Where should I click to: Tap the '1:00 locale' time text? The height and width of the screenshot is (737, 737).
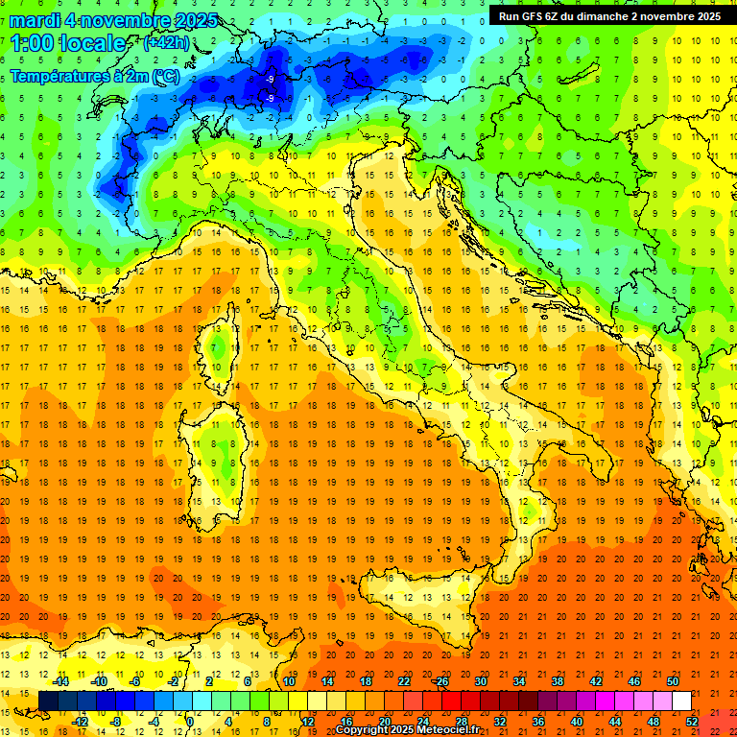click(68, 43)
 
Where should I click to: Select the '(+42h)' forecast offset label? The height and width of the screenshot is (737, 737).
click(166, 43)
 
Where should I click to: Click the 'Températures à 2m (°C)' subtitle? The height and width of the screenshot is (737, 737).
click(94, 76)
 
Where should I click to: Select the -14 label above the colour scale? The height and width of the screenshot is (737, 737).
click(60, 681)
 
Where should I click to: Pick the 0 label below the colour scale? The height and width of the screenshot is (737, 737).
click(190, 722)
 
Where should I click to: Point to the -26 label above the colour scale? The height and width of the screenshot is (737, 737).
click(440, 681)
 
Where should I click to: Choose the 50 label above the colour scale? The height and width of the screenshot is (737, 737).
click(672, 681)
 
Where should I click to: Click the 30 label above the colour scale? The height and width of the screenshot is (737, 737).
click(480, 681)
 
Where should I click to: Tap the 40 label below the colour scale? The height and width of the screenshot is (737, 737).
click(576, 722)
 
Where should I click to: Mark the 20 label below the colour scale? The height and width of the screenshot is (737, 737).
click(384, 722)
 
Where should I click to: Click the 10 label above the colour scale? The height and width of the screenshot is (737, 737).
click(288, 681)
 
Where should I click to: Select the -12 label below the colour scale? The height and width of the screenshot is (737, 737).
click(80, 722)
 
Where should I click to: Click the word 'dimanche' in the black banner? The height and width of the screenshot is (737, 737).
click(600, 16)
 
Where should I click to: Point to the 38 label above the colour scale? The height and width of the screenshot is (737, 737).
click(557, 681)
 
